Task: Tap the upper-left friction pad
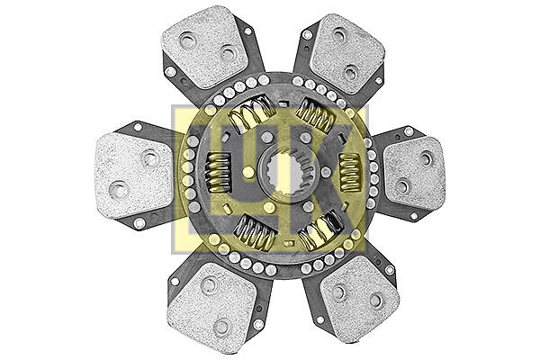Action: coord(204,47)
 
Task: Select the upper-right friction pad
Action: coord(346,54)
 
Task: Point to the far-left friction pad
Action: coord(133,175)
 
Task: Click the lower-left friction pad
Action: coord(212,303)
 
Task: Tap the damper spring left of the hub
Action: coord(218,172)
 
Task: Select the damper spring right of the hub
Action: coord(350,172)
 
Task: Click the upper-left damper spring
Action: coord(252,112)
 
